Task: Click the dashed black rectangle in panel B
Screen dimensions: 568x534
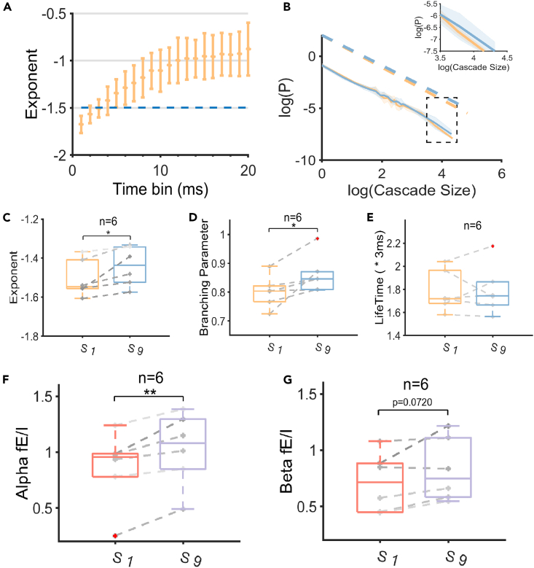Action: point(441,120)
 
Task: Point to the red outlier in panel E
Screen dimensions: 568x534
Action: point(492,246)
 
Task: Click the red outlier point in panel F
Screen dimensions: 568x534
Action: point(115,536)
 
